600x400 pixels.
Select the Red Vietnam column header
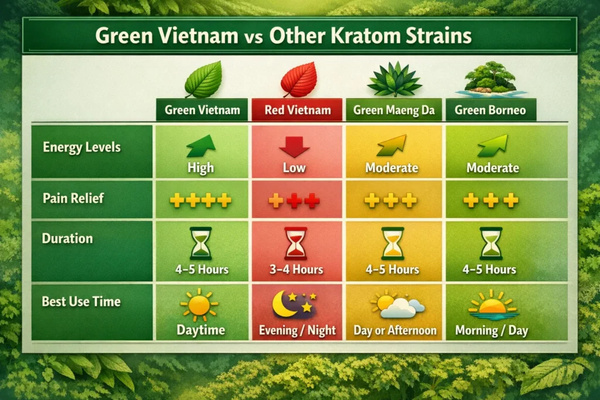click(x=297, y=110)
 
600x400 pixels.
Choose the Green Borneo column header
click(x=490, y=110)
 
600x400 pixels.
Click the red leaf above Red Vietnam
click(x=298, y=80)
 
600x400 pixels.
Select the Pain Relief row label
click(x=73, y=198)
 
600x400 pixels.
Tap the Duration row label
click(x=67, y=239)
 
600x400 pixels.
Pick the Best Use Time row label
click(x=81, y=302)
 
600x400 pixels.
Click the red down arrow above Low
click(x=294, y=145)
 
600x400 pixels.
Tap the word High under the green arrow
click(x=200, y=168)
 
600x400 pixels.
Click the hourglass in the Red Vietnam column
click(x=294, y=244)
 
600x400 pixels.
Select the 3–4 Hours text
click(x=297, y=269)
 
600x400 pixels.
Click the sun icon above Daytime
click(x=199, y=304)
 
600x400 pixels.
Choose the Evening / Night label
click(x=298, y=330)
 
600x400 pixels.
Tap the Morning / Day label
click(x=492, y=330)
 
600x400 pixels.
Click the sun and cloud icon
click(x=395, y=304)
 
